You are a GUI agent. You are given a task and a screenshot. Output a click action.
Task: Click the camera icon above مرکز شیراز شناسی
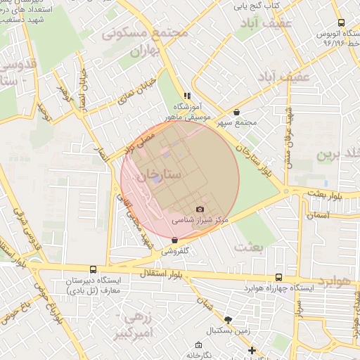200,210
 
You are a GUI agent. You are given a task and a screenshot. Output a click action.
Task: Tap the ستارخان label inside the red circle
161,172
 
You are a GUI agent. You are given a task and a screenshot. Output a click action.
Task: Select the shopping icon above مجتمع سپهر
236,112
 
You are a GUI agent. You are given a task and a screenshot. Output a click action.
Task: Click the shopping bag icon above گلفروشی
174,240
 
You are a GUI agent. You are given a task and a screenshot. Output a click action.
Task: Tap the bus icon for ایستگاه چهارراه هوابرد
278,278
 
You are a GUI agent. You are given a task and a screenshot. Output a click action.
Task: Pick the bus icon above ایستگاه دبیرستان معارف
93,269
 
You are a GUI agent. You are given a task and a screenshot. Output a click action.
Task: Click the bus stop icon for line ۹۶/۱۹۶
341,23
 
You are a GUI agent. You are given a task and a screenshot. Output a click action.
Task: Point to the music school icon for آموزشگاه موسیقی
187,95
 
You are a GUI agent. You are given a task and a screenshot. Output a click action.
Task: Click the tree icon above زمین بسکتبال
227,319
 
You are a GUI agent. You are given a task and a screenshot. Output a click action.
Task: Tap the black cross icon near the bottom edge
252,350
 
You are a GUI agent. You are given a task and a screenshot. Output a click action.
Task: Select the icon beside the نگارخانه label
200,345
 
